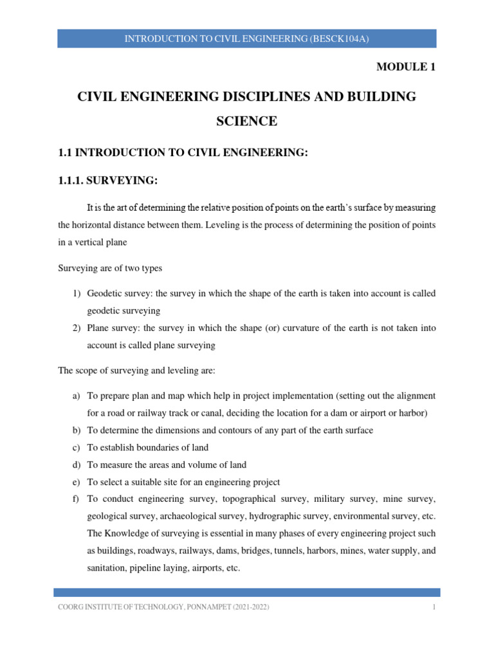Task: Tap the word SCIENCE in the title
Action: (x=247, y=120)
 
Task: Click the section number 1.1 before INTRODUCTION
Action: (x=66, y=152)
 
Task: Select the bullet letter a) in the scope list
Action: (x=75, y=396)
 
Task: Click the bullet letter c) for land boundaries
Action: (x=75, y=447)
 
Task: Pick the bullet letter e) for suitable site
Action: (x=75, y=481)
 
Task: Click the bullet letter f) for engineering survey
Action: (x=75, y=499)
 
